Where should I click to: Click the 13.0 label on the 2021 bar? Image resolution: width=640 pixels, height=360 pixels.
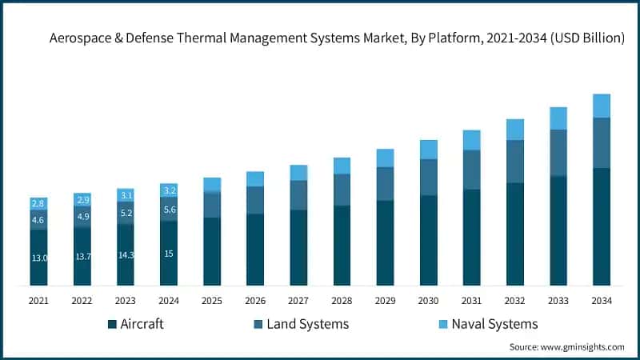pos(38,258)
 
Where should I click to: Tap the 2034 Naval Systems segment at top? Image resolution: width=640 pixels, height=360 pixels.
pos(601,106)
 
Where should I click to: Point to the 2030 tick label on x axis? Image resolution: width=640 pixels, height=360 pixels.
pos(428,300)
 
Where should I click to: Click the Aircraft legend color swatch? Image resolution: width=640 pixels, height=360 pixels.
pos(112,324)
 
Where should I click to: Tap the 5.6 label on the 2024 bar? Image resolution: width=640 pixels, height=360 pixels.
pos(169,210)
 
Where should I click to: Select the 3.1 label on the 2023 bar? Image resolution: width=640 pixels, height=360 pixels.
pos(126,195)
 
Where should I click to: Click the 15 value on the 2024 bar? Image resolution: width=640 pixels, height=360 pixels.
pos(169,254)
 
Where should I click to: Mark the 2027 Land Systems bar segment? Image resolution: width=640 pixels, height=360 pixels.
pos(298,195)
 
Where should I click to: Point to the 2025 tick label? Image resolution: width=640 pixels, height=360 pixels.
pos(212,300)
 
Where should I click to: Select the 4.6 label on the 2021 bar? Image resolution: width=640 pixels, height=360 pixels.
pos(38,220)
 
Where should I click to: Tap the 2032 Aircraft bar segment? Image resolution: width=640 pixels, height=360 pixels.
pos(514,234)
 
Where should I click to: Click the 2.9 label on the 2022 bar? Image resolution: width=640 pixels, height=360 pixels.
pos(82,198)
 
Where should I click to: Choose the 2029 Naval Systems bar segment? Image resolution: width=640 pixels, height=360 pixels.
pos(385,158)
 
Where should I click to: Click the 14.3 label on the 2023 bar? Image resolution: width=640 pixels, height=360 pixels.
pos(126,255)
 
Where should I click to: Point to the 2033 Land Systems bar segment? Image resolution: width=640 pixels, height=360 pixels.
pos(558,152)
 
